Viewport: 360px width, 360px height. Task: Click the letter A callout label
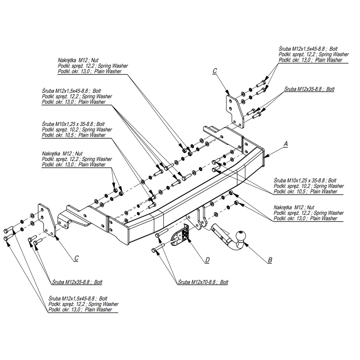pyautogui.click(x=285, y=144)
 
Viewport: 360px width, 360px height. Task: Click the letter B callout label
pyautogui.click(x=270, y=260)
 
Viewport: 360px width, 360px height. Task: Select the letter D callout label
pyautogui.click(x=207, y=260)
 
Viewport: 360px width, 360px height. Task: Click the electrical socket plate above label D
pyautogui.click(x=180, y=237)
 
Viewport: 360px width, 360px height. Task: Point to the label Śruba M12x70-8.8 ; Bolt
pyautogui.click(x=203, y=282)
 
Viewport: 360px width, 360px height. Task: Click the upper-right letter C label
pyautogui.click(x=214, y=71)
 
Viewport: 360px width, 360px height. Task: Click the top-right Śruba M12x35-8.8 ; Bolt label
pyautogui.click(x=309, y=89)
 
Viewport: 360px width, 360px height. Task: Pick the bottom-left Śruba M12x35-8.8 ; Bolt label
pyautogui.click(x=77, y=282)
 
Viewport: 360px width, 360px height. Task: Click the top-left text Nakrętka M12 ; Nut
pyautogui.click(x=78, y=60)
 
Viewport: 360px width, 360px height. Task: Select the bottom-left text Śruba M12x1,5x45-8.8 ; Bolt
pyautogui.click(x=78, y=298)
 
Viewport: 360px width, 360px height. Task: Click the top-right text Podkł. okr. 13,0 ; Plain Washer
pyautogui.click(x=310, y=60)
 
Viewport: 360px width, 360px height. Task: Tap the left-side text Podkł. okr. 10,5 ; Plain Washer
pyautogui.click(x=73, y=135)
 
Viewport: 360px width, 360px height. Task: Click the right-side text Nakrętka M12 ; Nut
pyautogui.click(x=294, y=208)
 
